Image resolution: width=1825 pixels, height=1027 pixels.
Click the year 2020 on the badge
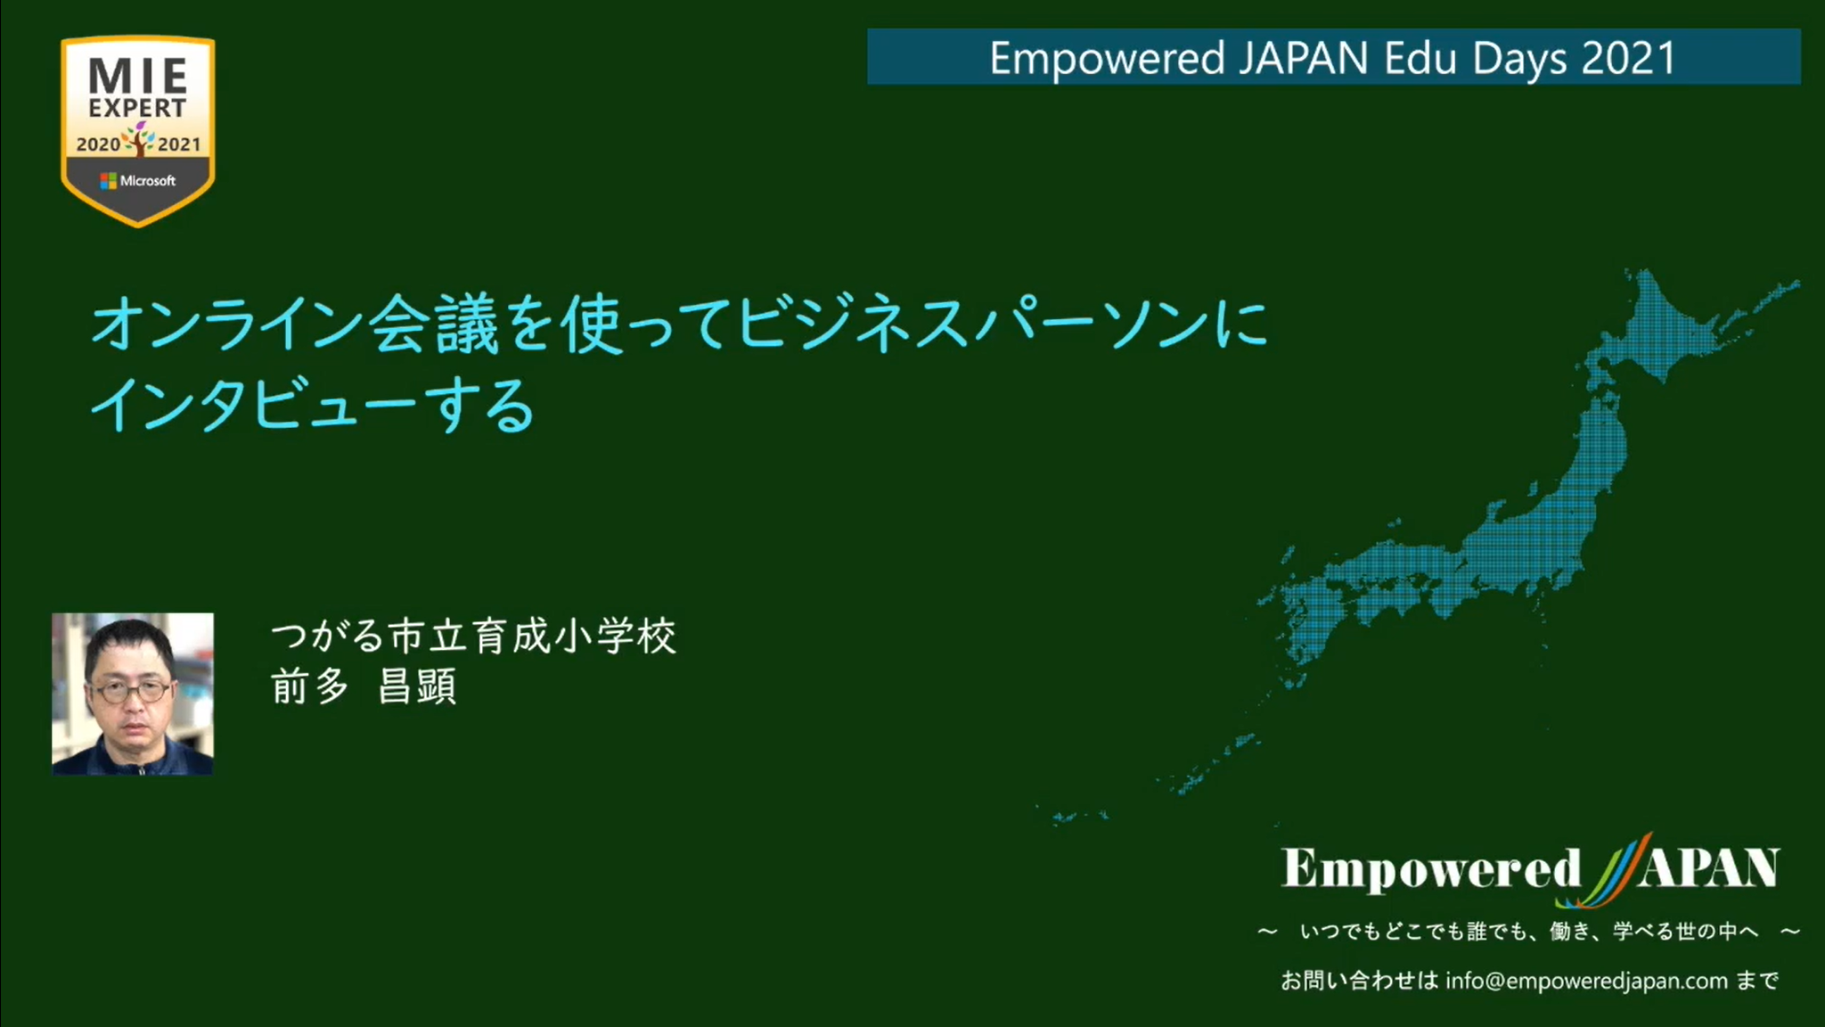point(98,144)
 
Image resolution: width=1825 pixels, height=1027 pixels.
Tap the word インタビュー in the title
point(252,405)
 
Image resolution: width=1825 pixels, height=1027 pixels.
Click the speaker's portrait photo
point(133,694)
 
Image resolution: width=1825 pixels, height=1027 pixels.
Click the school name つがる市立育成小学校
point(473,637)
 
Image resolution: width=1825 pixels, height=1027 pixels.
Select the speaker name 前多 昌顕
point(364,686)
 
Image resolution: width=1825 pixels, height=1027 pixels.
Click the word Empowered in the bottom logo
point(1431,868)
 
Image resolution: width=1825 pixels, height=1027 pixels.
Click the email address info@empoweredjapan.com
point(1586,981)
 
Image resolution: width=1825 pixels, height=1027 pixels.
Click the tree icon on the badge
point(139,139)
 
